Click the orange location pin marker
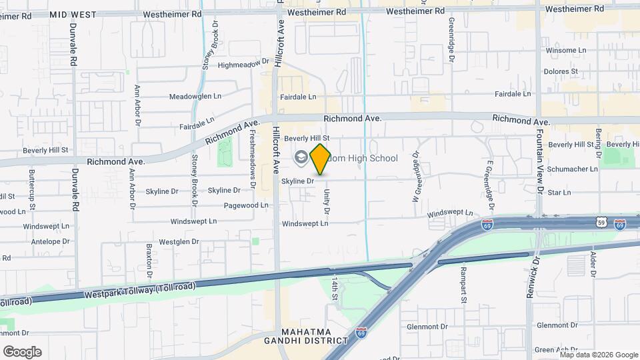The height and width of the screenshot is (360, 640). pos(320,159)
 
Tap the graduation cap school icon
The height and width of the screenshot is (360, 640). pos(300,157)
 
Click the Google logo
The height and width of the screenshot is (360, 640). pos(22,351)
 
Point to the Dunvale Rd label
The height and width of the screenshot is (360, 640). pos(74,47)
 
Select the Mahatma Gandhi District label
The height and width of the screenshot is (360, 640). pos(315,336)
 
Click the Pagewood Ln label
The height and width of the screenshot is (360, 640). pos(246,205)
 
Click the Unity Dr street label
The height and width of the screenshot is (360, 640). pos(327,201)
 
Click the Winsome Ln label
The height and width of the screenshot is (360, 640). pos(565,50)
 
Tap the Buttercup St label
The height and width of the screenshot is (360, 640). pos(31,181)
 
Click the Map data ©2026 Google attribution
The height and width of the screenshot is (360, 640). pos(593,354)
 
